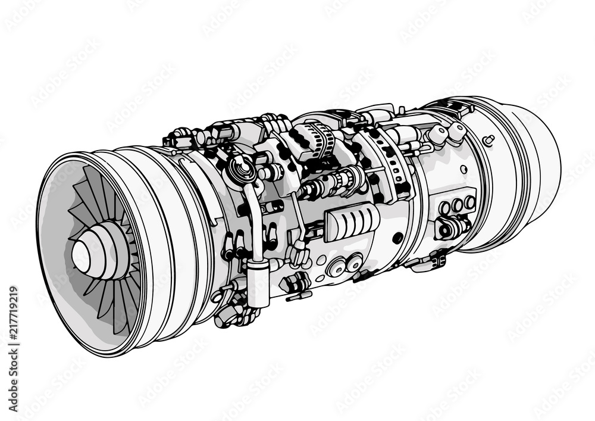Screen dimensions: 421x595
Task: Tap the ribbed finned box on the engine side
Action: pyautogui.click(x=352, y=222)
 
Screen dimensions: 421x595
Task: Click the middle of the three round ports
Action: pyautogui.click(x=457, y=205)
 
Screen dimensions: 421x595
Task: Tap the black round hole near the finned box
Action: pyautogui.click(x=397, y=238)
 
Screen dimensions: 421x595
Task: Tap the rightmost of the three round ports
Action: pyautogui.click(x=469, y=202)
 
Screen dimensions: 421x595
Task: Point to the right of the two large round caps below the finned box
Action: pyautogui.click(x=355, y=261)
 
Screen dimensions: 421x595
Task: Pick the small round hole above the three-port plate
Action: pyautogui.click(x=464, y=169)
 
